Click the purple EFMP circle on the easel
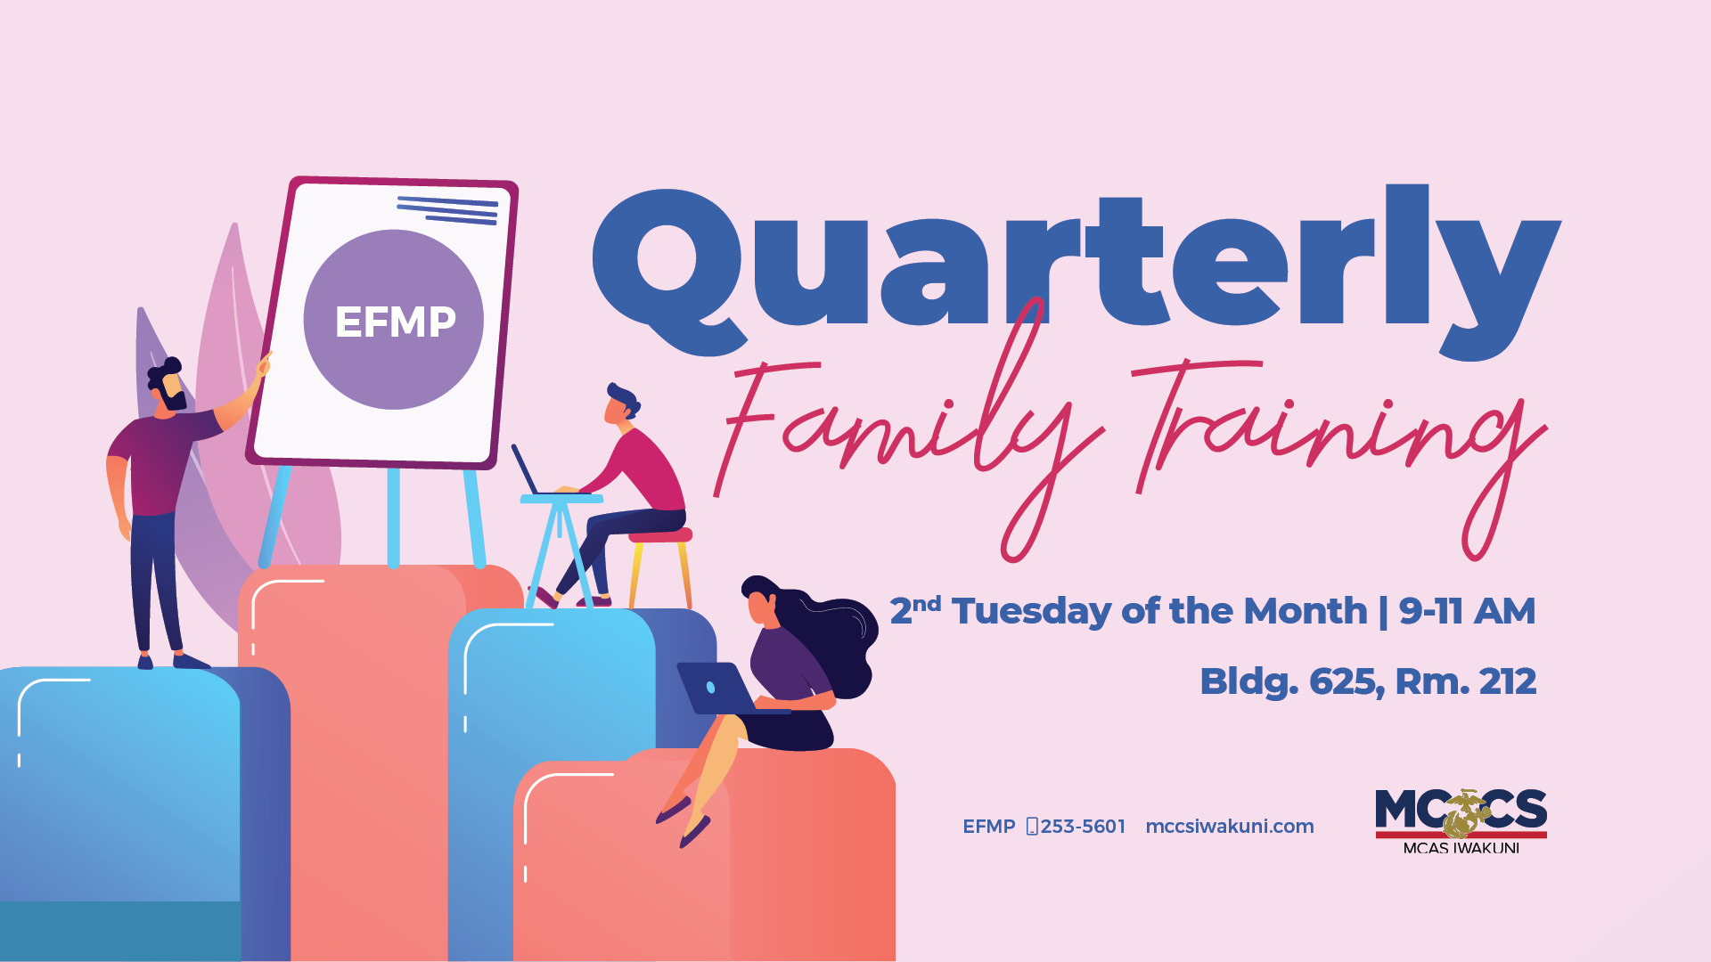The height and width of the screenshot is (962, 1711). (x=394, y=320)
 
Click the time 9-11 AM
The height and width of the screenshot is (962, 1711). (x=1467, y=611)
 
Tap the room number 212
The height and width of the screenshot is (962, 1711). (x=1508, y=681)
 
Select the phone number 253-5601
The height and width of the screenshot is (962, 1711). (x=1083, y=827)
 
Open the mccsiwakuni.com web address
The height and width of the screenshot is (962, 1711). (x=1230, y=827)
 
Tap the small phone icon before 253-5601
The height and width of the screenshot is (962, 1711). (x=1032, y=827)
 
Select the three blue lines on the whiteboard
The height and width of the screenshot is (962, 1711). (x=447, y=210)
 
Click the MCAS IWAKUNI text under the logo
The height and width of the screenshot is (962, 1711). (x=1461, y=848)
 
